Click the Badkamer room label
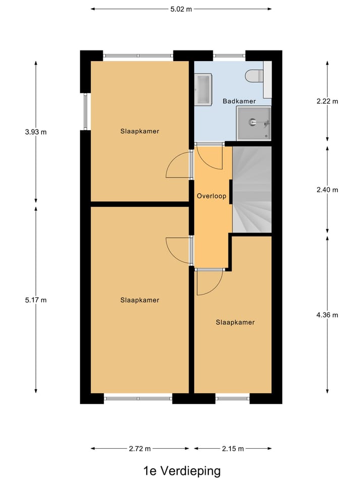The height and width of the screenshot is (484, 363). [239, 101]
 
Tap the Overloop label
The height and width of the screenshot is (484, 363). [211, 196]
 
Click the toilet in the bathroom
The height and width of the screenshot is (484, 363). [254, 76]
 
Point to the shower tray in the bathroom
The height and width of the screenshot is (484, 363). [254, 123]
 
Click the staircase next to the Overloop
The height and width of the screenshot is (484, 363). [252, 189]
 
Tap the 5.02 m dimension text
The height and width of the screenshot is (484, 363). [181, 9]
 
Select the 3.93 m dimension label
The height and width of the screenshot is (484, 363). [36, 132]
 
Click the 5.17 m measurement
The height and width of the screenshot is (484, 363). [36, 300]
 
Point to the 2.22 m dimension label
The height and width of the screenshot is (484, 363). [327, 101]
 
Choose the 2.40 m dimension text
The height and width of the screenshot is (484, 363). [327, 190]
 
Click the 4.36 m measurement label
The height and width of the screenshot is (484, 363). [327, 315]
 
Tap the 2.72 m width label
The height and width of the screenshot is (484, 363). [140, 448]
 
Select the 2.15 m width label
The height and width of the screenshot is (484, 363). [233, 448]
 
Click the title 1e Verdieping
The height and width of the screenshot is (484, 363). [181, 471]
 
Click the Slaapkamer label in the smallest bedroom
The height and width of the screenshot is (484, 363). [235, 322]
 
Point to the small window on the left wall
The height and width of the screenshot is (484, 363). [85, 111]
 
